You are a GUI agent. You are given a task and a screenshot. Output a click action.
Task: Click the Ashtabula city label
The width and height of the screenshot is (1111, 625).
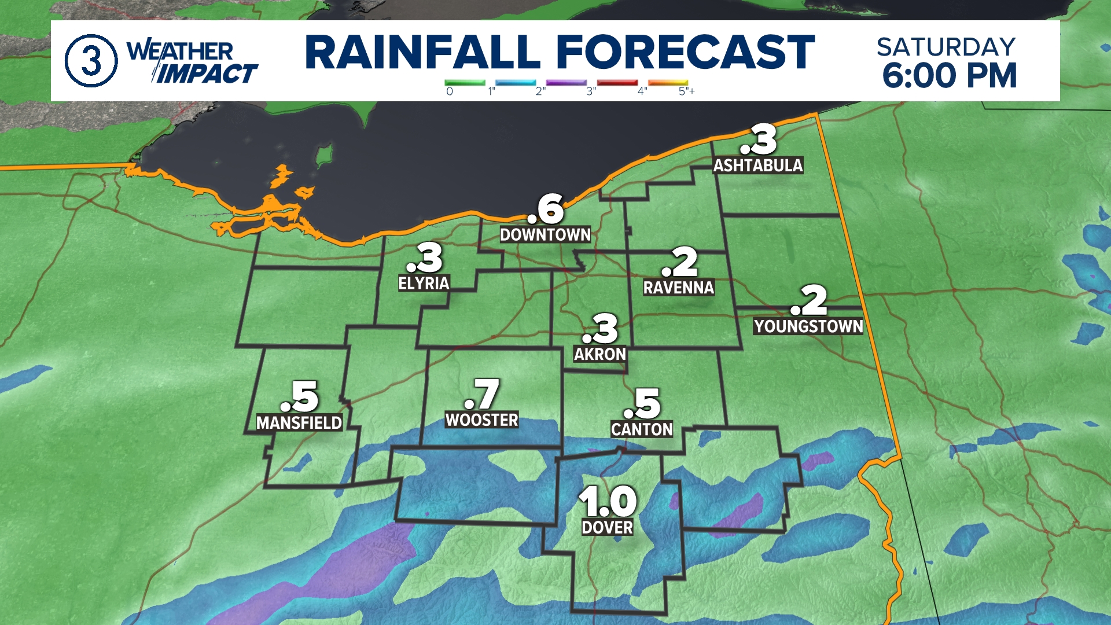[757, 166]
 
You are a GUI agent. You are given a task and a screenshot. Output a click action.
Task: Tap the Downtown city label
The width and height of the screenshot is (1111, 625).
[545, 234]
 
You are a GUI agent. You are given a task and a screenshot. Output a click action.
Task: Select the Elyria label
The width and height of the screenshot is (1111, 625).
[424, 283]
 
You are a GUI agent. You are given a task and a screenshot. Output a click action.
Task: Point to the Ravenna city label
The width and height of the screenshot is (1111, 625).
[679, 288]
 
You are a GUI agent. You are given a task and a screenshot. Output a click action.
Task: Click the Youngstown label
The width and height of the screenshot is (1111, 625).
[808, 326]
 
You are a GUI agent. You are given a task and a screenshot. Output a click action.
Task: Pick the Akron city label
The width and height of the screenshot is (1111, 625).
[600, 354]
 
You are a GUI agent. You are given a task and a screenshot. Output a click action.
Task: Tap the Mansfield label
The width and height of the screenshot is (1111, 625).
[299, 423]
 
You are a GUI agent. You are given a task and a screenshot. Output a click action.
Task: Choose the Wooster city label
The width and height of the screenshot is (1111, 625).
[481, 420]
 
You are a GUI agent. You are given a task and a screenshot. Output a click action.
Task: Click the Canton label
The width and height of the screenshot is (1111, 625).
[642, 429]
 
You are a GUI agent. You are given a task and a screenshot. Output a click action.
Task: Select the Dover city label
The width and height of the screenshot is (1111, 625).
[608, 527]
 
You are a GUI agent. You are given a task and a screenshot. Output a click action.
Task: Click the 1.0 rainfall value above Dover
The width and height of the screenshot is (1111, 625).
[608, 501]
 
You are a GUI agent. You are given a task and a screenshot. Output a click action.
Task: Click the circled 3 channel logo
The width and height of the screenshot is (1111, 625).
[91, 61]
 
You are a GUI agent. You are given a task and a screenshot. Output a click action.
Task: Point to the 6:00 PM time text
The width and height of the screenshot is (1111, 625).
[949, 76]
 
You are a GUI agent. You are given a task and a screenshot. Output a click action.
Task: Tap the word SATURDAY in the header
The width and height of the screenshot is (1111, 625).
[946, 47]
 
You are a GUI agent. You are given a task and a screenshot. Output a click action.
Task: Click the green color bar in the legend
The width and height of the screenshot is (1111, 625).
[465, 83]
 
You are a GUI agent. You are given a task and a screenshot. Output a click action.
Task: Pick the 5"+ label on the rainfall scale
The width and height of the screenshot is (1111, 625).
[686, 91]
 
